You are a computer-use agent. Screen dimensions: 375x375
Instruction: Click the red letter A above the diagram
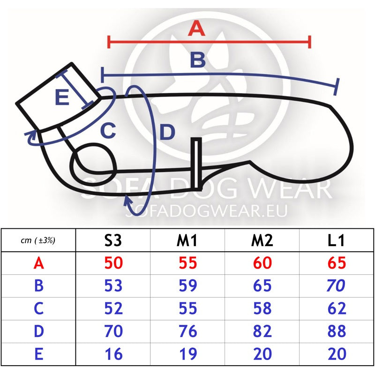[196, 28]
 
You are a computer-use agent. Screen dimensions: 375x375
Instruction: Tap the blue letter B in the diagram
[198, 60]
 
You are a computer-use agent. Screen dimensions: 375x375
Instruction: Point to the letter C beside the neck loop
[108, 131]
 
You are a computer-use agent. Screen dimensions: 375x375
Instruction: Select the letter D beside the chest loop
[167, 132]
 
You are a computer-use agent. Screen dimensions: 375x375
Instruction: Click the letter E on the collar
[62, 97]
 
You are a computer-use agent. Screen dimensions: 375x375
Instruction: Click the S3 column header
[113, 240]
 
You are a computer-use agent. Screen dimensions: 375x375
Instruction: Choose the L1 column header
[336, 240]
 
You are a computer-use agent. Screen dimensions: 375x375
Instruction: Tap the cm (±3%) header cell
[38, 240]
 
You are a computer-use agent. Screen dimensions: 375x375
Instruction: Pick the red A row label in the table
[39, 263]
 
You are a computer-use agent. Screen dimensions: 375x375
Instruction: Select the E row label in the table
[39, 354]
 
